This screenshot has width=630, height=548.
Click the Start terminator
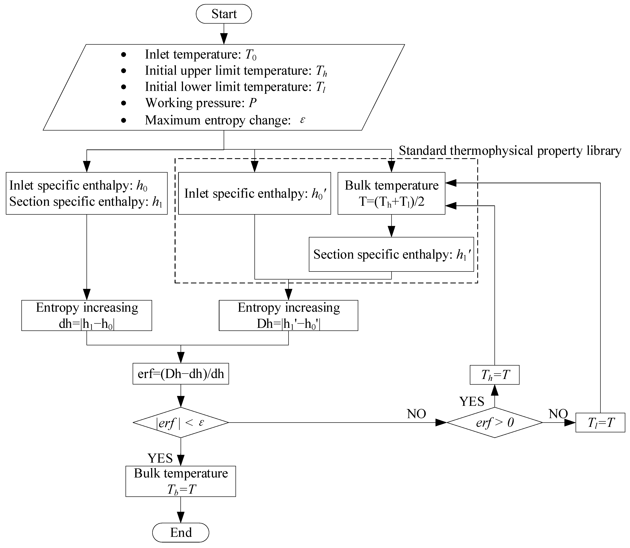click(224, 14)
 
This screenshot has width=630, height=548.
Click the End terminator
click(181, 532)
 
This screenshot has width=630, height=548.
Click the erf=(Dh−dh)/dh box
click(181, 374)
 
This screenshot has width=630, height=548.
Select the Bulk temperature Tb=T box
click(181, 481)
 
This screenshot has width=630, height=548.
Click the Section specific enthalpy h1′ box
click(391, 254)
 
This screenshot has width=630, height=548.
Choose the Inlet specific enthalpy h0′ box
click(254, 193)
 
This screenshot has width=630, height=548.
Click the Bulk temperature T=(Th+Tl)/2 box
click(391, 193)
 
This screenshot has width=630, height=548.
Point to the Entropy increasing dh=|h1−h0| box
click(87, 315)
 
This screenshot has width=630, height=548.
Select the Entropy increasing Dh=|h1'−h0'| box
click(288, 315)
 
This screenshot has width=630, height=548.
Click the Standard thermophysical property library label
click(510, 151)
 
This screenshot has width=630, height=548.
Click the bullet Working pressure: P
click(200, 103)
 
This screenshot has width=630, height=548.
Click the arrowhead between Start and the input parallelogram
click(224, 39)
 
